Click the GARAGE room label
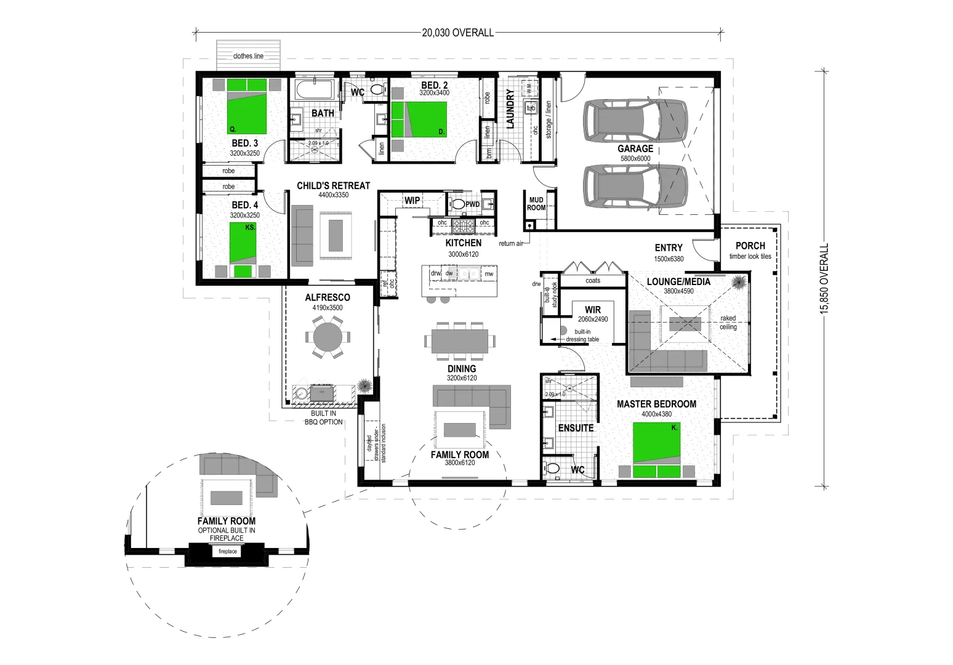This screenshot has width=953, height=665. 635,148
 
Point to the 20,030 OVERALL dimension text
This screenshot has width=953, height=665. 457,33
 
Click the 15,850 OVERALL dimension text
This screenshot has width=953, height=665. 824,279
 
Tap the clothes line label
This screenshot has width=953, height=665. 248,56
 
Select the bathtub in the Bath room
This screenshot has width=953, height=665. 314,91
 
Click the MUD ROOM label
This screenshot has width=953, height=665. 536,204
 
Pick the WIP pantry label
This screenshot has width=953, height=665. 412,200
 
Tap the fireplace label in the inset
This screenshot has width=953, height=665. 227,552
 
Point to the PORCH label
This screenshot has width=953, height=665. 750,246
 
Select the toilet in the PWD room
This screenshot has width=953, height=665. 457,204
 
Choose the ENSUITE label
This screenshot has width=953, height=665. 576,428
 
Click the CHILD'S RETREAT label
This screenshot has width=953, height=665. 333,185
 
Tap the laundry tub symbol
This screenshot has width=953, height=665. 531,108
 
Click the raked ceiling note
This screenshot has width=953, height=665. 728,323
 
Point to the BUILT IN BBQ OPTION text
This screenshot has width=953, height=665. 323,417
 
